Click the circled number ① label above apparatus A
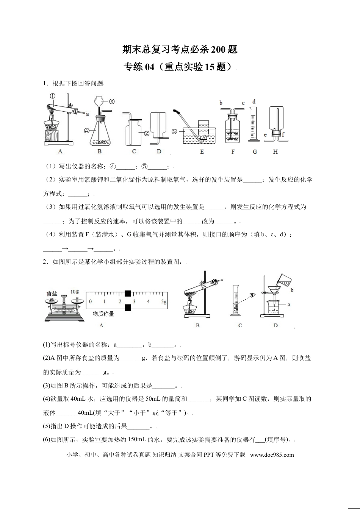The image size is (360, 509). [x=53, y=96]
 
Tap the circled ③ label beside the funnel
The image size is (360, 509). [x=112, y=101]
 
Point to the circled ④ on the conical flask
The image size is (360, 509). [x=87, y=131]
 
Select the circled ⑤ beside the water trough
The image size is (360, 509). [x=174, y=131]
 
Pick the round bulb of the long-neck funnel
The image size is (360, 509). [x=99, y=101]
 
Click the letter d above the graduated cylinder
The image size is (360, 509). [x=254, y=101]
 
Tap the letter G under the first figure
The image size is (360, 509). [x=255, y=151]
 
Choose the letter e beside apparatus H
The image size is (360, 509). [x=265, y=134]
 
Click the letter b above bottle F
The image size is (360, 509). [x=221, y=103]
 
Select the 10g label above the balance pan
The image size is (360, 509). [x=75, y=292]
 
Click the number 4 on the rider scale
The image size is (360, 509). [x=148, y=301]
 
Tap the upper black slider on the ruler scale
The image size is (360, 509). [x=128, y=294]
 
